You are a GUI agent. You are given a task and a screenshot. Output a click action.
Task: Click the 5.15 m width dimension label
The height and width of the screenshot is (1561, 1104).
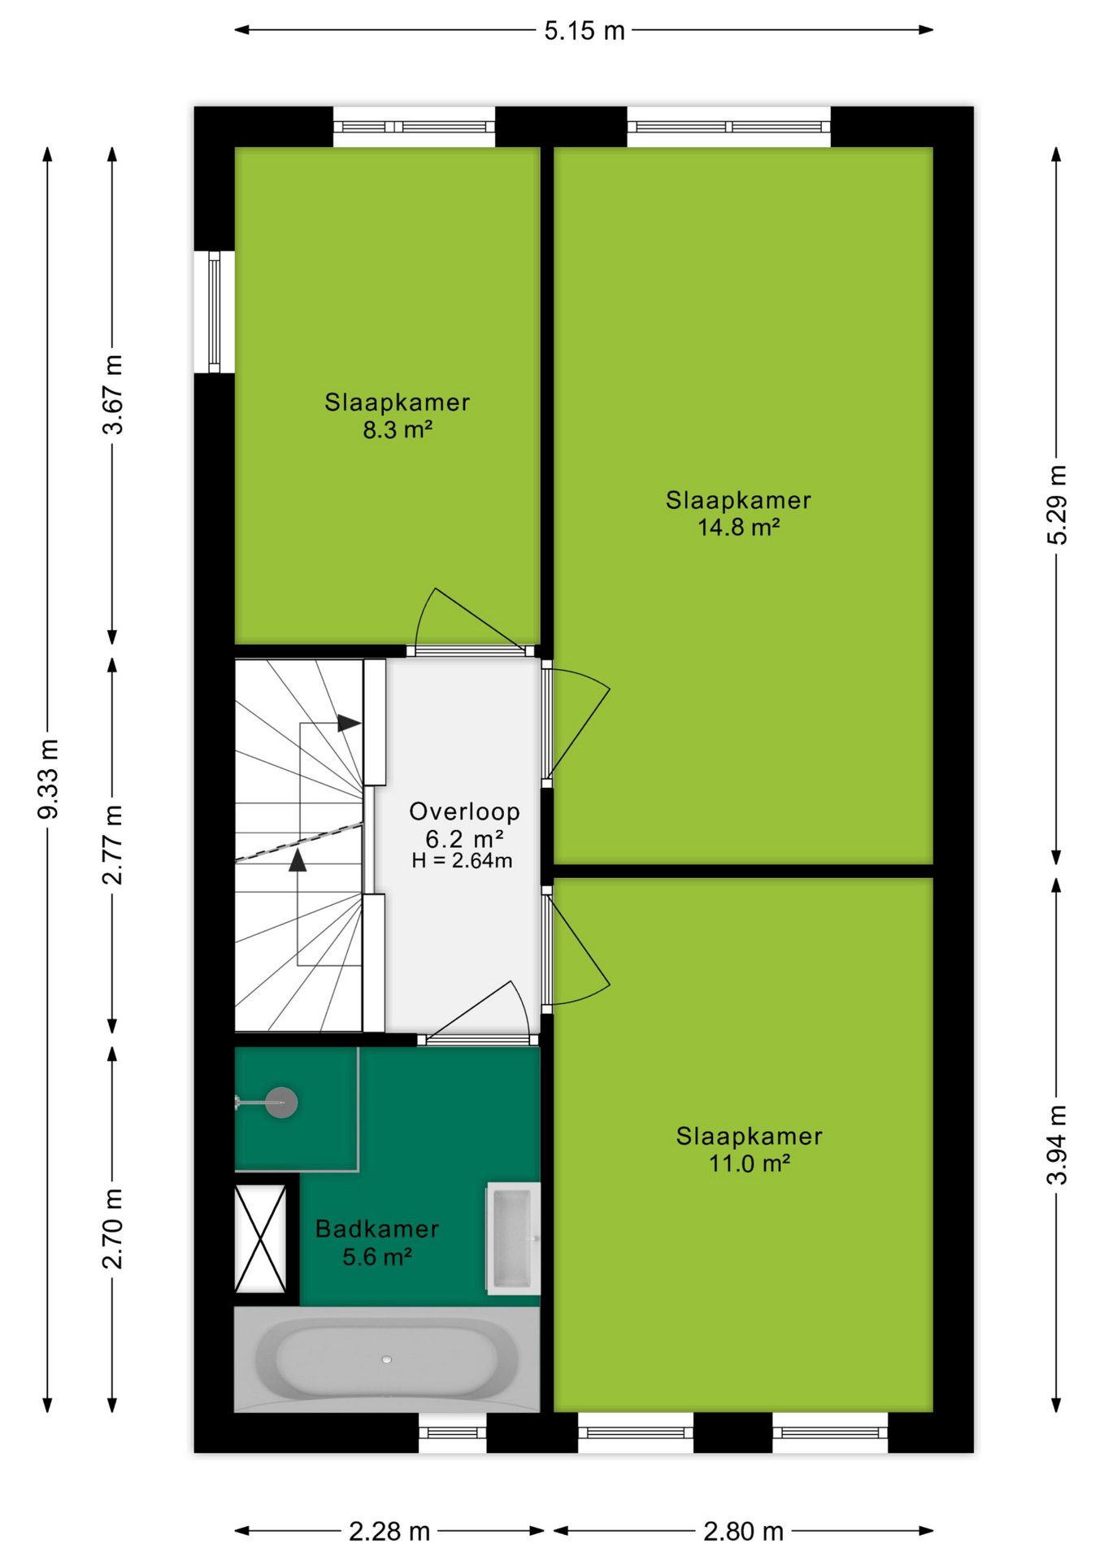(584, 31)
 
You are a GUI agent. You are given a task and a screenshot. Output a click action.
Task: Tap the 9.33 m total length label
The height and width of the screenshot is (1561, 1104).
(48, 779)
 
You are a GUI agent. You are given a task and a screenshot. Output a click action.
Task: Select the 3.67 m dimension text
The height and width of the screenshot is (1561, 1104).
(113, 394)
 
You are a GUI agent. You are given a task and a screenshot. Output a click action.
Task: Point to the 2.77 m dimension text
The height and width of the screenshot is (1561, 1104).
(113, 845)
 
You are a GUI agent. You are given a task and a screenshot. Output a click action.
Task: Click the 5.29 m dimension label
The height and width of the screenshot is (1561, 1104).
(1056, 505)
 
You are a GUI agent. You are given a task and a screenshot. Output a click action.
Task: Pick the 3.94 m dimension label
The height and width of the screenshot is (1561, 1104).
(1056, 1145)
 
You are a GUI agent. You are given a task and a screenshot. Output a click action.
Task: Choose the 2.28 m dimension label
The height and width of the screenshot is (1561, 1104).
(389, 1532)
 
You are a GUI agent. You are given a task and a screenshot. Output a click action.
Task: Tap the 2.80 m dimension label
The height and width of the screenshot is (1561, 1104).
(743, 1532)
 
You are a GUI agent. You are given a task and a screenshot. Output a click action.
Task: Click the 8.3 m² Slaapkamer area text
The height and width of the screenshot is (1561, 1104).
(397, 429)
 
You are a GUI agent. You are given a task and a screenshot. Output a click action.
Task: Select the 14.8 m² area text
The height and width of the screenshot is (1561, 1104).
(738, 527)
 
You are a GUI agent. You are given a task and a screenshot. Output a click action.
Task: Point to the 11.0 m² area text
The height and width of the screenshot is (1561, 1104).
(749, 1163)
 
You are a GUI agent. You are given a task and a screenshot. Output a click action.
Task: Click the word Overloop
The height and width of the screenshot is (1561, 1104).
(464, 811)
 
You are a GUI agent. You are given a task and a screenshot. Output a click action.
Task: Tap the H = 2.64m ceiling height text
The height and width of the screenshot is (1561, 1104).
(462, 861)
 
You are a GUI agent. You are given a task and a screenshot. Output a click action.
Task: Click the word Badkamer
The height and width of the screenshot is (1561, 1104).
(377, 1228)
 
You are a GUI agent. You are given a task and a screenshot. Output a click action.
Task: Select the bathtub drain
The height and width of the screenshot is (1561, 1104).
(387, 1359)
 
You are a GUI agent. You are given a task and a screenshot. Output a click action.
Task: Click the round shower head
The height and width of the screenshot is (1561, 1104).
(281, 1102)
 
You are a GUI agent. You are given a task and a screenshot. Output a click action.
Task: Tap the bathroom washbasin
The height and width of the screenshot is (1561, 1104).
(514, 1238)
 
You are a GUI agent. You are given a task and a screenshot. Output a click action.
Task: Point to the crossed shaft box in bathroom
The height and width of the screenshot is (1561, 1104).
(260, 1238)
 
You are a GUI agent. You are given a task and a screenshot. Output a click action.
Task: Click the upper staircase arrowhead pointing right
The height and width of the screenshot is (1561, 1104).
(350, 723)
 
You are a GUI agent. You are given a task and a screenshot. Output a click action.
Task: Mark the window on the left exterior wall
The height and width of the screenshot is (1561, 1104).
(215, 311)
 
